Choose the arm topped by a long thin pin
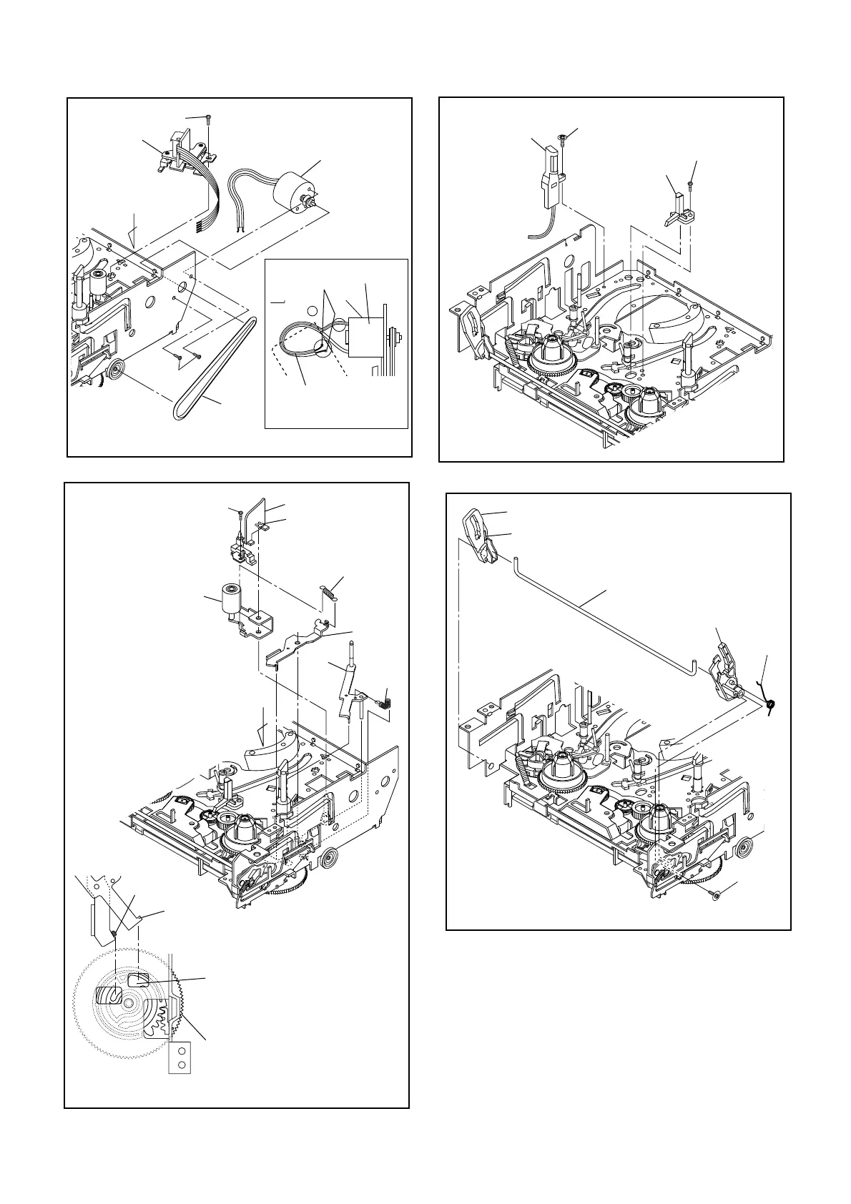[350, 679]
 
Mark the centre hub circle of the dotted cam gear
[127, 1004]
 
